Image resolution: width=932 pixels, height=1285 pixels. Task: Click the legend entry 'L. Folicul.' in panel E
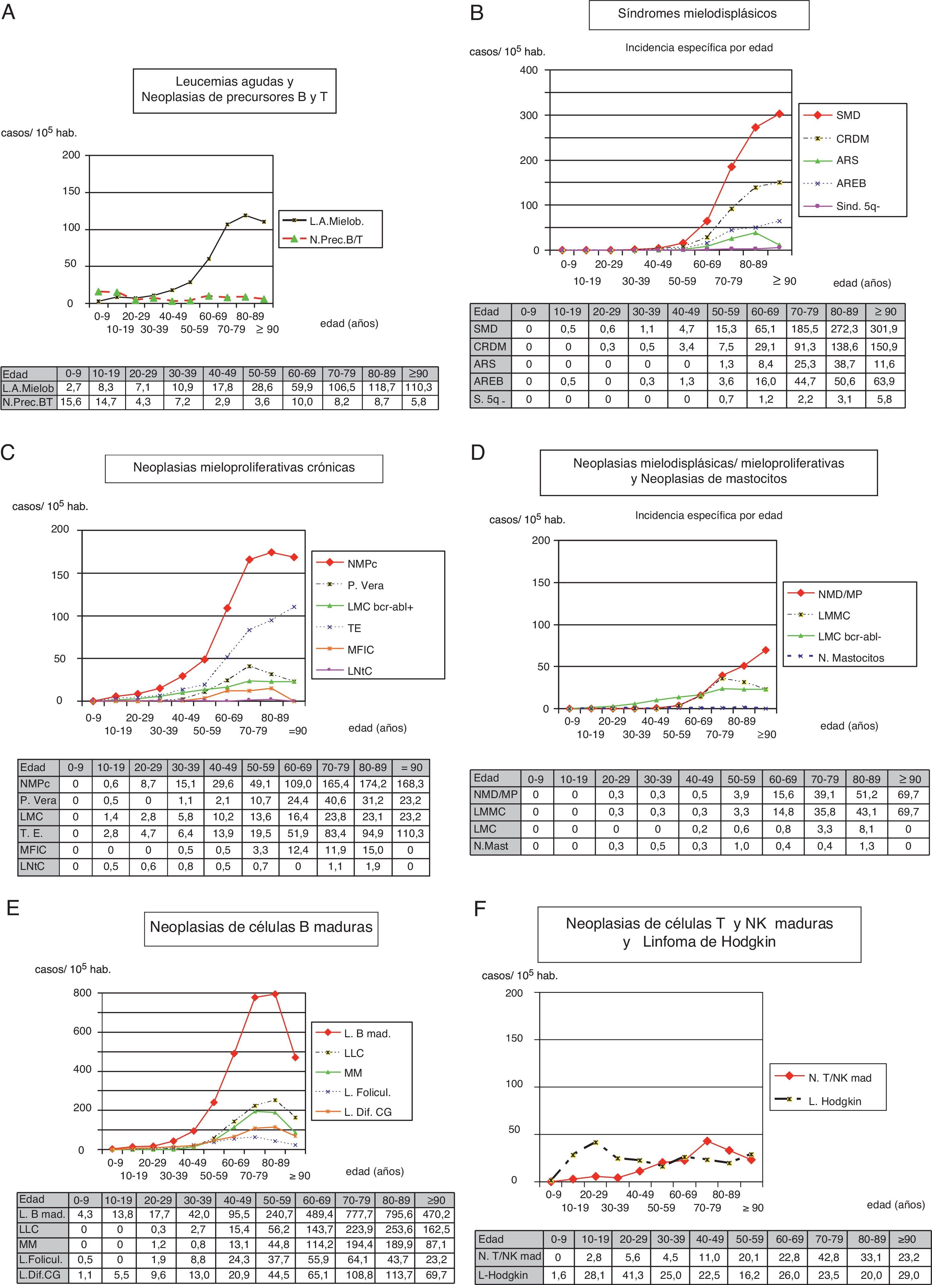pyautogui.click(x=367, y=1092)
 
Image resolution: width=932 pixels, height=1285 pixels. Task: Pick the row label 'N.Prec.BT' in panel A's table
pyautogui.click(x=29, y=402)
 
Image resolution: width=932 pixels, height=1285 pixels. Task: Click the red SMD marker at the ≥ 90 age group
pyautogui.click(x=779, y=114)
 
